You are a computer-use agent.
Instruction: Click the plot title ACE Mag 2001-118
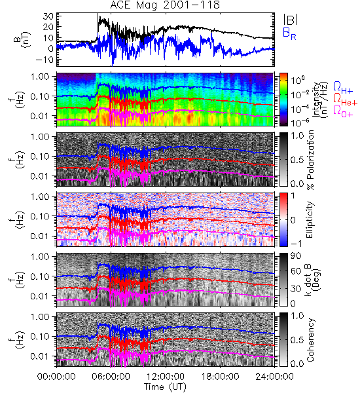click(165, 5)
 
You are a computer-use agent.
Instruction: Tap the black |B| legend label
click(291, 20)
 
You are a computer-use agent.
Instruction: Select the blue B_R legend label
click(289, 33)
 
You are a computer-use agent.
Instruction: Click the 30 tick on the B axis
click(48, 17)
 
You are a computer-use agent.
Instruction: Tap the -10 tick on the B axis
click(45, 60)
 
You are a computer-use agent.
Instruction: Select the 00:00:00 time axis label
click(56, 377)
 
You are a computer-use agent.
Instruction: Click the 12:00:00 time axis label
click(166, 377)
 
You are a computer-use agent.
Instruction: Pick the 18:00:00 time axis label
click(220, 377)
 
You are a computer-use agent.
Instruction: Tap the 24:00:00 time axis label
click(274, 377)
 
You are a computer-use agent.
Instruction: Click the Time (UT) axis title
click(165, 386)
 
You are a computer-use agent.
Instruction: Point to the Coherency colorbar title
click(310, 340)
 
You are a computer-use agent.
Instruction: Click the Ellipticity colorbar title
click(310, 220)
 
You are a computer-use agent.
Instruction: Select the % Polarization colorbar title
click(310, 160)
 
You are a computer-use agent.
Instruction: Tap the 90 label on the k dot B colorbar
click(297, 256)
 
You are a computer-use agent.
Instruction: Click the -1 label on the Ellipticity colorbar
click(297, 244)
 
